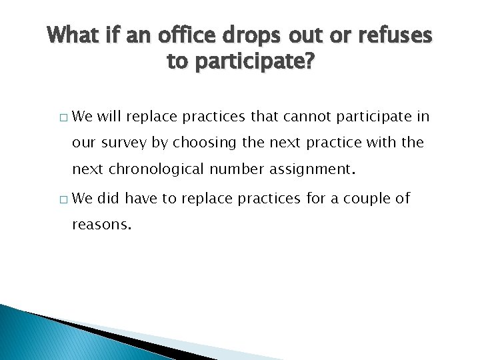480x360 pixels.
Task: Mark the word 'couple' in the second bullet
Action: coord(374,198)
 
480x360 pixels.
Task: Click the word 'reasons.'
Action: coord(102,225)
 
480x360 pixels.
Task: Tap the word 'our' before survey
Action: coord(84,143)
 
